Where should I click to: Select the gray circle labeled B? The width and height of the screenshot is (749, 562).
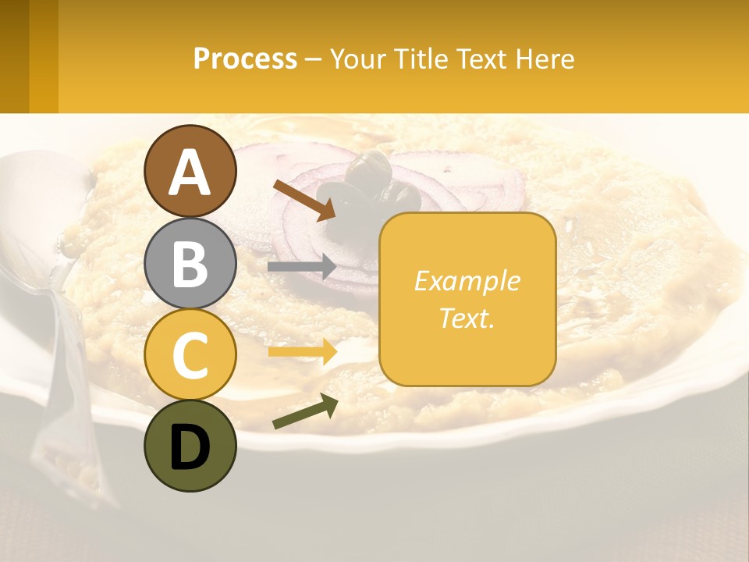pos(190,264)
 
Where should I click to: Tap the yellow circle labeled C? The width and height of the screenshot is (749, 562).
pos(190,355)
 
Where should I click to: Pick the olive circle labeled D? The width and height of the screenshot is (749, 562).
pos(190,446)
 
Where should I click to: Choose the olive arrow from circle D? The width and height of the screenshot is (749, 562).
pos(305,411)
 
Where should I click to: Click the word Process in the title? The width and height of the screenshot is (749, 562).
pos(245,59)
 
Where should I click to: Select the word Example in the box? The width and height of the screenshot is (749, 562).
pos(467,281)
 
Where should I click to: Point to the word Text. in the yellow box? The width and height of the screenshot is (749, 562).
pos(467,318)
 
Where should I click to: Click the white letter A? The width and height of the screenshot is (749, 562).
pos(190,172)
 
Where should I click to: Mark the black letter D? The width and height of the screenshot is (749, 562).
pos(190,447)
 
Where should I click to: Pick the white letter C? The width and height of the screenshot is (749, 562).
pos(190,355)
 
